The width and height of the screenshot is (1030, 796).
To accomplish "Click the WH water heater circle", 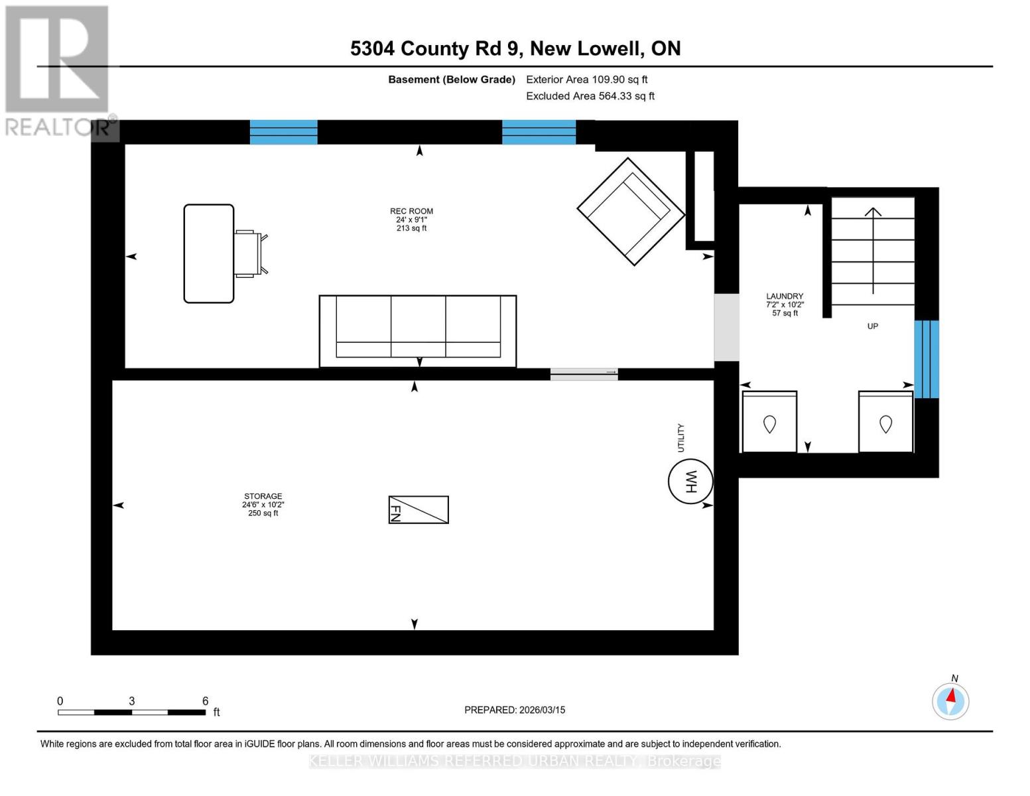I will pos(690,482).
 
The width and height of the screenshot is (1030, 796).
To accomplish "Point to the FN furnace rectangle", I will pos(418,510).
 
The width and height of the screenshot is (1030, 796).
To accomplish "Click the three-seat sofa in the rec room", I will pos(418,330).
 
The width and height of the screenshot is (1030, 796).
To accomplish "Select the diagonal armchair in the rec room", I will pos(631,211).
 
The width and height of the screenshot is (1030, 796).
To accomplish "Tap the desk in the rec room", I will pos(209,253).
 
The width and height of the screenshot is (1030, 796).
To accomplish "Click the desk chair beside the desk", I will pos(249,253).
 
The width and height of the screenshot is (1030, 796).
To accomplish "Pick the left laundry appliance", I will pos(769,423).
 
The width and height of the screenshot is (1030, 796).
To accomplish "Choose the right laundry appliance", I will pos(885,423).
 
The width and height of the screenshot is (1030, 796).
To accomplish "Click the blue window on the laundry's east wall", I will pos(927,359).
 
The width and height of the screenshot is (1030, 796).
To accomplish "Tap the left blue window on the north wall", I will pos(283,132).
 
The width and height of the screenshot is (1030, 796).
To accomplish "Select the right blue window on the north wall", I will pos(539,132).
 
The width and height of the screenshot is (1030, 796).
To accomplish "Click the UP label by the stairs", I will pos(873,326).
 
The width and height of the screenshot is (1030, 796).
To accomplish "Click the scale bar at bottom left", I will pos(131,712).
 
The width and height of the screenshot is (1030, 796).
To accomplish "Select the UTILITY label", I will pos(680,438).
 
